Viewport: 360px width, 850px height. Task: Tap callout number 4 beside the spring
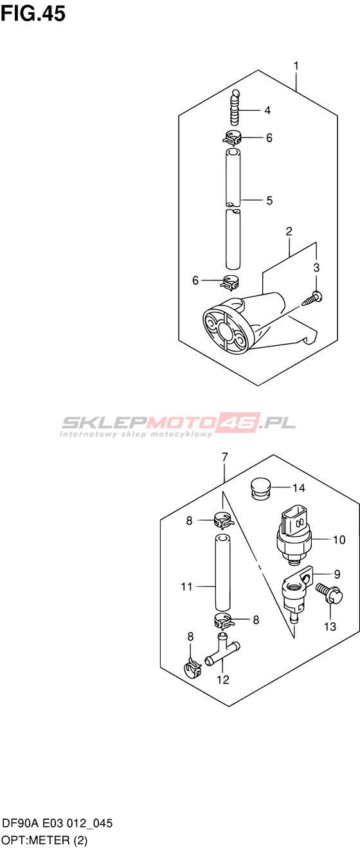click(267, 111)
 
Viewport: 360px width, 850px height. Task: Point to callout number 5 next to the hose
click(269, 200)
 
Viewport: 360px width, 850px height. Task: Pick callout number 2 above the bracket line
click(289, 231)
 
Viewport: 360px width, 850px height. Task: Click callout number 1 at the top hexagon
click(296, 66)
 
